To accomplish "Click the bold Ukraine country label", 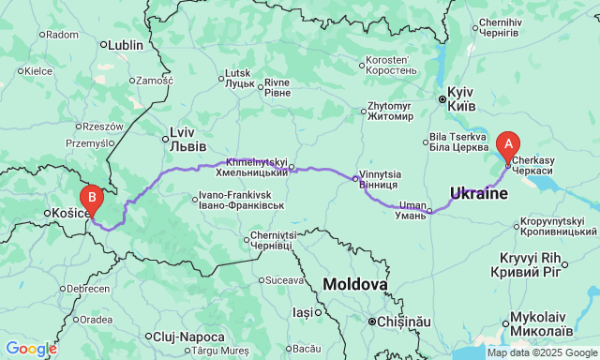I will coord(478,193).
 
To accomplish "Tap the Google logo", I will coord(30,349).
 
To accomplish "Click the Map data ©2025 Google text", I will coord(541,352).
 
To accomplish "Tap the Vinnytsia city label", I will coord(380,179).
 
